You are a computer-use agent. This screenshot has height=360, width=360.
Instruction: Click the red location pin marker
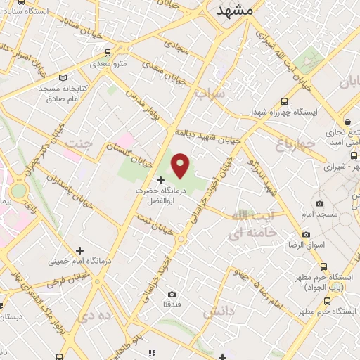tap(181, 165)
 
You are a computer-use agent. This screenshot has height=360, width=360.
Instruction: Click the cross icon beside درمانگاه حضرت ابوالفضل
tap(160, 180)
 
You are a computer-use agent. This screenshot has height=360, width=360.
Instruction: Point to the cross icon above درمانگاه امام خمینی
tap(79, 250)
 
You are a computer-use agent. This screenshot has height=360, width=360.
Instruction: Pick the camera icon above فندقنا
tap(172, 294)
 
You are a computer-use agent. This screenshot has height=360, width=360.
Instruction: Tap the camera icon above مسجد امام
tap(320, 203)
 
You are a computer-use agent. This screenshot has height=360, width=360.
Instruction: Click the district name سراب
tap(210, 92)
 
